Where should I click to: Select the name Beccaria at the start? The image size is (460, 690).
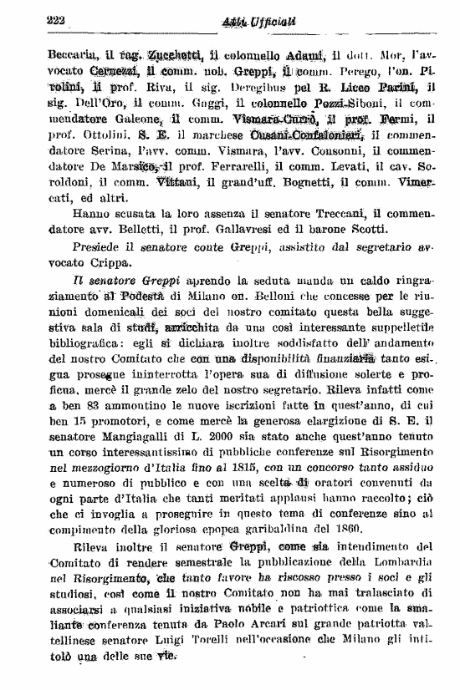coord(42,56)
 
